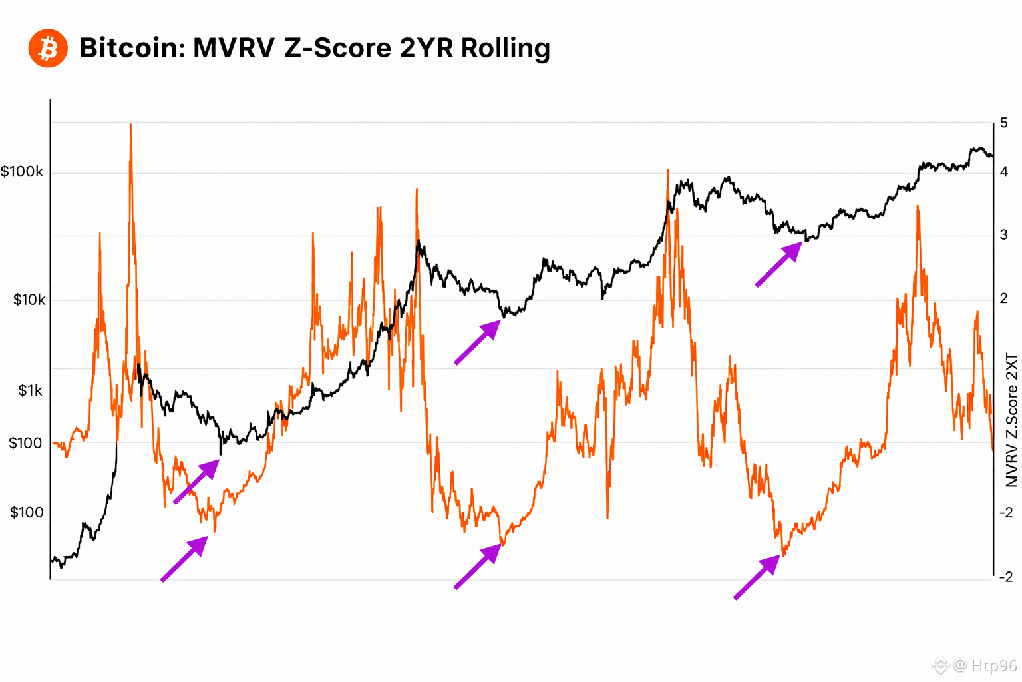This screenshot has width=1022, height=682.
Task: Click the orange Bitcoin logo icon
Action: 48,48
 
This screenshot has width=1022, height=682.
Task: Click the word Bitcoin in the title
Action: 132,48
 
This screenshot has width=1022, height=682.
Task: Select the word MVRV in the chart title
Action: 234,48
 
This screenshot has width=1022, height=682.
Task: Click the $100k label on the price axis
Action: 22,172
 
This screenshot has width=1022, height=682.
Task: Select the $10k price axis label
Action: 29,300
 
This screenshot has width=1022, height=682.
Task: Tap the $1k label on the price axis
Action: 30,390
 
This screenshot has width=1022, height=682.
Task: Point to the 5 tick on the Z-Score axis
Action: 1004,123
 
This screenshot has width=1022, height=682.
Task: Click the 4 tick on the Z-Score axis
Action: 1004,172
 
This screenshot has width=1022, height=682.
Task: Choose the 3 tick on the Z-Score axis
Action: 1004,235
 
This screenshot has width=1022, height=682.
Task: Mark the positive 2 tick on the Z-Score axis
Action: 1004,298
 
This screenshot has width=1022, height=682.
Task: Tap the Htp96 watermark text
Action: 993,665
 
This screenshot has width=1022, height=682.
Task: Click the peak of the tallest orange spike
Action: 130,125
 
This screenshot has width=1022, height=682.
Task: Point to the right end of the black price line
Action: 992,156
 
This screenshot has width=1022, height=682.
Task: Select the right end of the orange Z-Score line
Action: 992,450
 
